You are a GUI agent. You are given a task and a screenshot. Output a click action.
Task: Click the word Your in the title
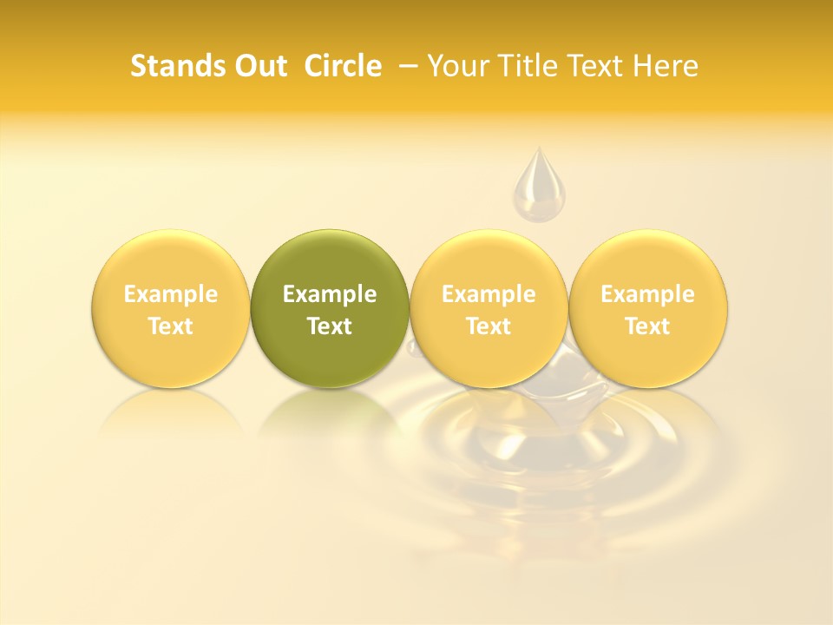click(x=455, y=66)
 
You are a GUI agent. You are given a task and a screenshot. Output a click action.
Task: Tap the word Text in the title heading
click(x=593, y=66)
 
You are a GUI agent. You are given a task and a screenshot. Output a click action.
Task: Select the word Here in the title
click(x=666, y=66)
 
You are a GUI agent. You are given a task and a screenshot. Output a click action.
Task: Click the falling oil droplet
click(x=539, y=185)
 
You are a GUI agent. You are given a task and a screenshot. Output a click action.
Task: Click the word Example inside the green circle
click(x=330, y=294)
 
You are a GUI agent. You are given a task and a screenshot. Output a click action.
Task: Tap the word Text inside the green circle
click(x=330, y=326)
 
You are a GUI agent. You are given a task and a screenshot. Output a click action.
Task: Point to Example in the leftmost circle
click(x=170, y=294)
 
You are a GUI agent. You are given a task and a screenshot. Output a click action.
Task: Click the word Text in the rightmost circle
click(x=648, y=326)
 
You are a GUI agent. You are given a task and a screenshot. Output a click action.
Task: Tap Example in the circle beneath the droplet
click(x=489, y=294)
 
